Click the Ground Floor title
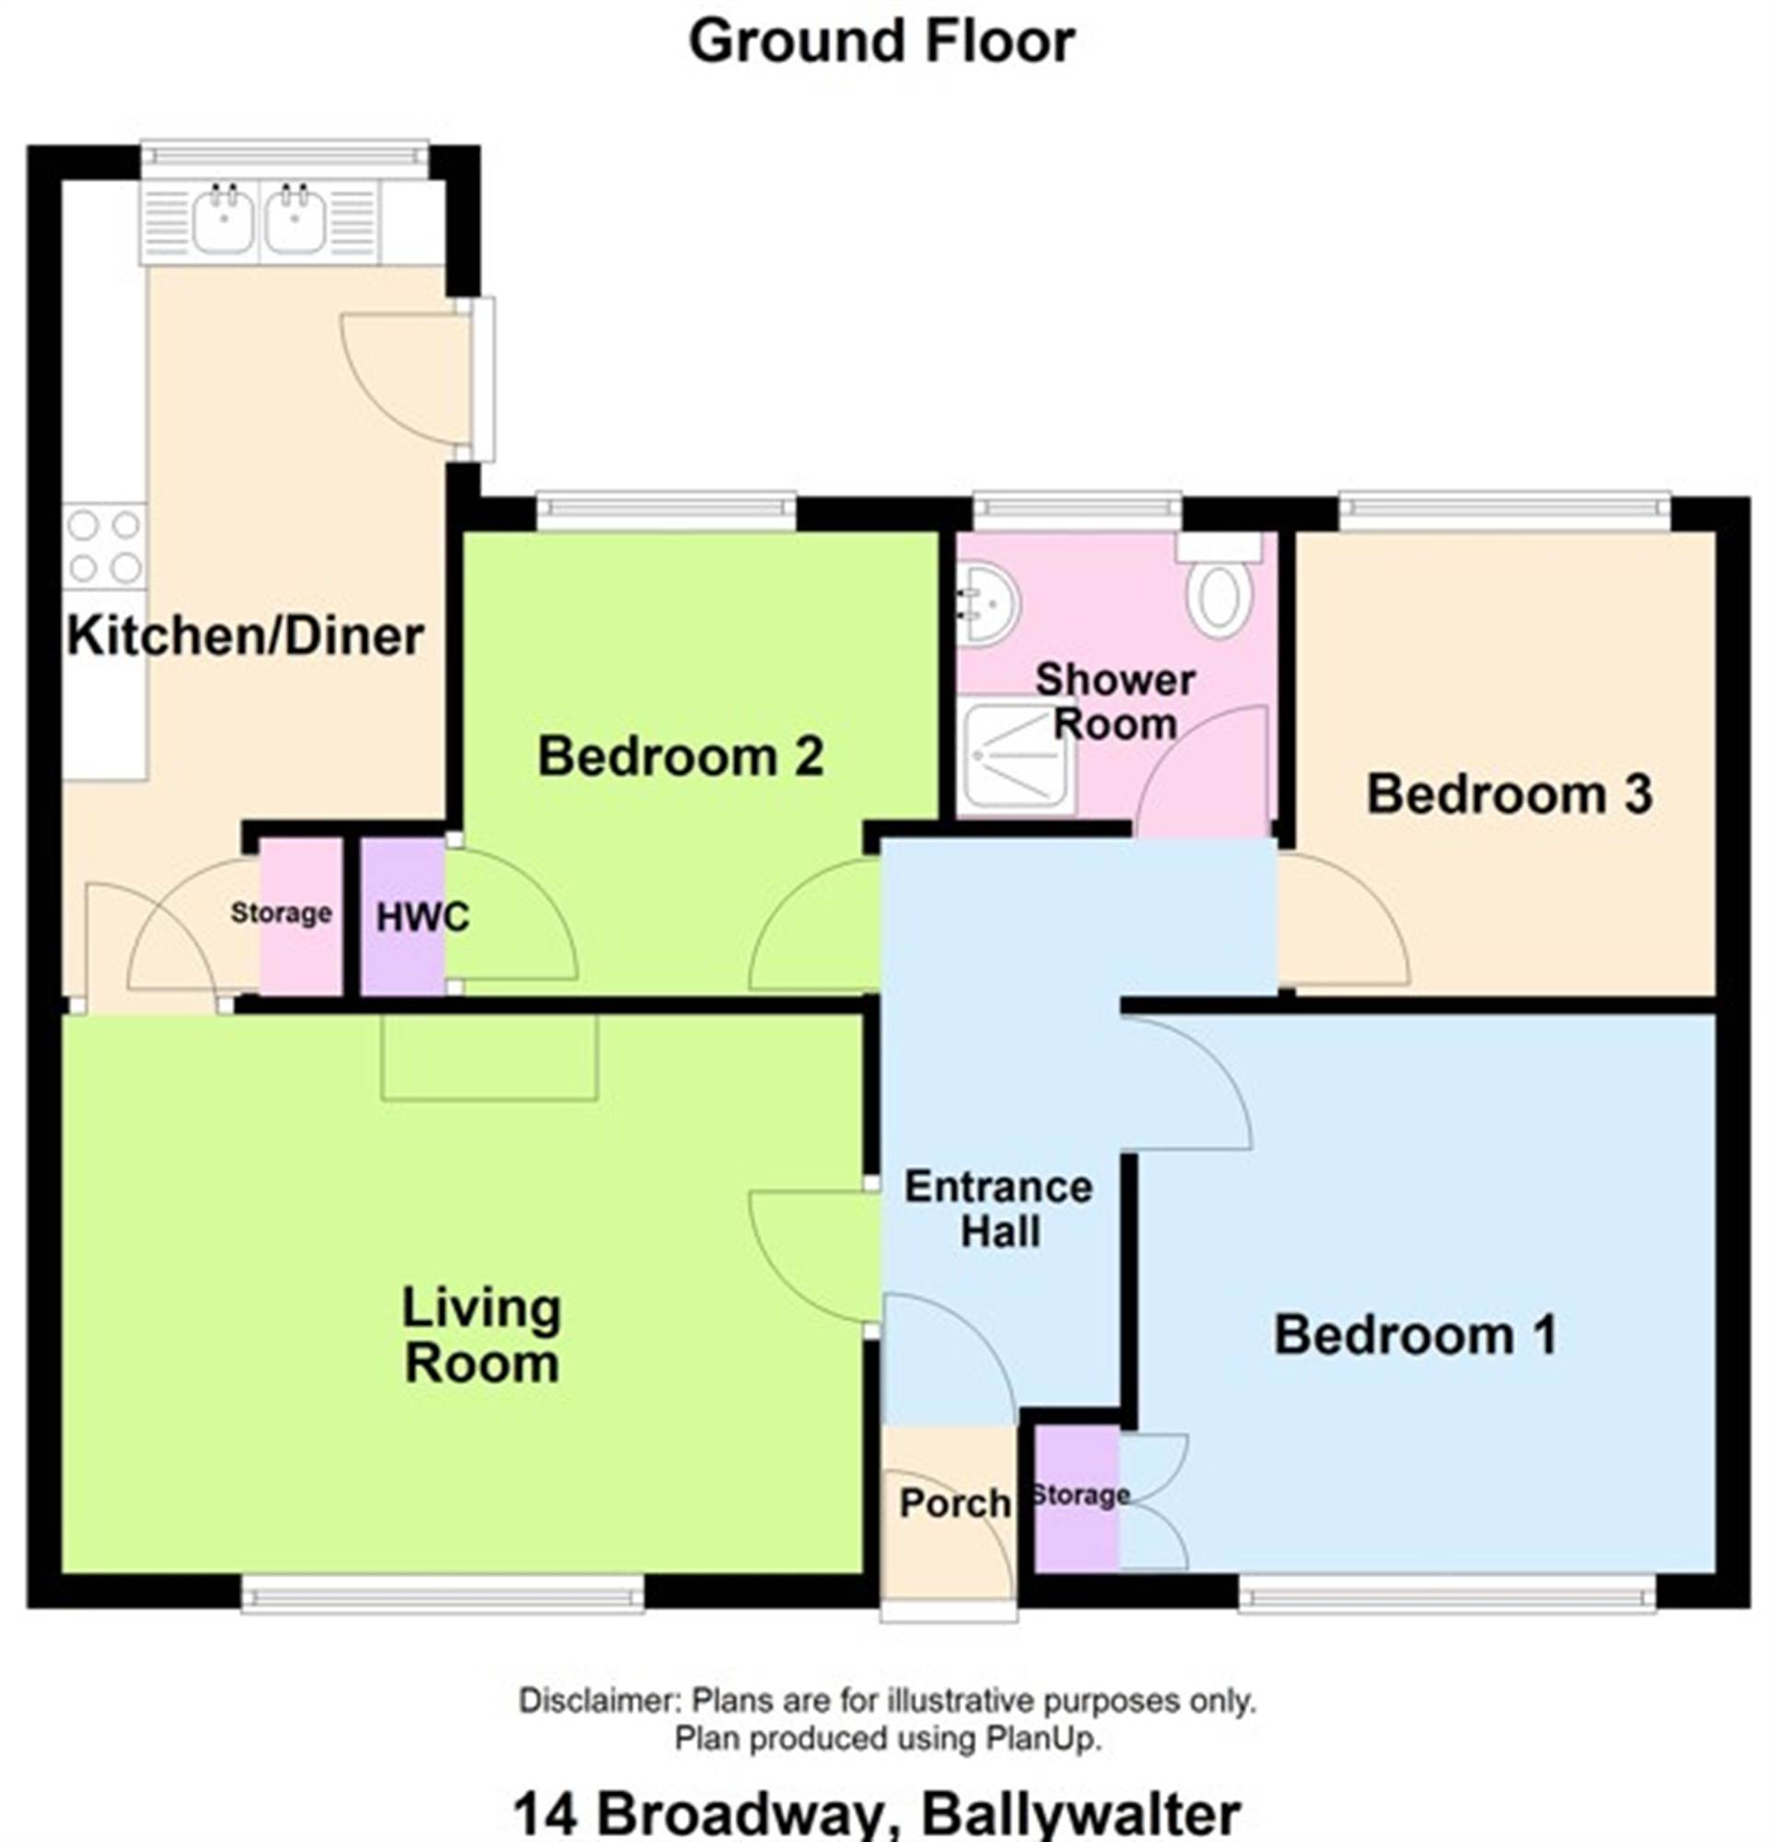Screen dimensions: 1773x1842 tap(881, 42)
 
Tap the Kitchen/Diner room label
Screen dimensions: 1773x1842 tap(245, 635)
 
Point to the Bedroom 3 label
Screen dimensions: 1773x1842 tap(1508, 794)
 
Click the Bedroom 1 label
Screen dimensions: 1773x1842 tap(1415, 1335)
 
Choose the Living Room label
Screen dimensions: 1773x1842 tap(481, 1335)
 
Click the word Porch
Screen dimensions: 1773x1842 tap(954, 1504)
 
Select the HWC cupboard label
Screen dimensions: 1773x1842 tap(422, 917)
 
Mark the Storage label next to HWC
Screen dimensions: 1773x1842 tap(281, 913)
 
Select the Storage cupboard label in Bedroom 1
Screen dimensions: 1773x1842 tap(1080, 1494)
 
